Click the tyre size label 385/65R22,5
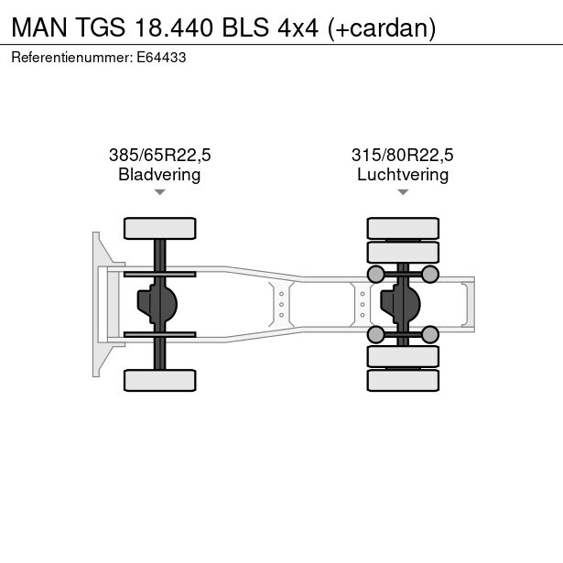point(159,155)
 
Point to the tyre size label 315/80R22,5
point(403,155)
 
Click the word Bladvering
point(159,174)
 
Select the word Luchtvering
point(403,174)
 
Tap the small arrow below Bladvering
point(159,192)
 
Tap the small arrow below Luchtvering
point(403,192)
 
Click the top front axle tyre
point(159,228)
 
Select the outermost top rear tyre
point(403,228)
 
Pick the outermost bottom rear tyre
point(403,380)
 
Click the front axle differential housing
point(157,304)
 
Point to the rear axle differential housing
point(405,304)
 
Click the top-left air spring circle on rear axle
point(375,274)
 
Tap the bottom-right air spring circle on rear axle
point(430,334)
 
